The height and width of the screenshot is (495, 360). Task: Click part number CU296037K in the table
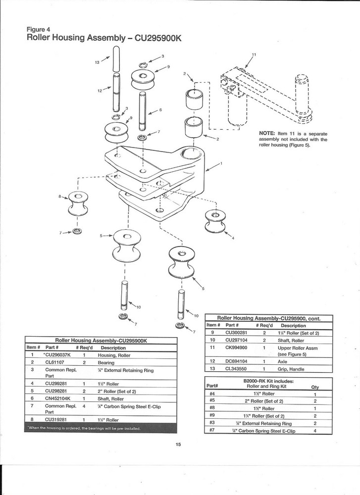click(58, 355)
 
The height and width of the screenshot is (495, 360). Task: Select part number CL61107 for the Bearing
click(55, 362)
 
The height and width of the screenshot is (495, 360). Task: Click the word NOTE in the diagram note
click(268, 133)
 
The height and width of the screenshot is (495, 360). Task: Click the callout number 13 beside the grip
click(97, 63)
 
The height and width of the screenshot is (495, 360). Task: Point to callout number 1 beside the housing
click(221, 163)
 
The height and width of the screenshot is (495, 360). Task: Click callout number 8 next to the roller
click(60, 197)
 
